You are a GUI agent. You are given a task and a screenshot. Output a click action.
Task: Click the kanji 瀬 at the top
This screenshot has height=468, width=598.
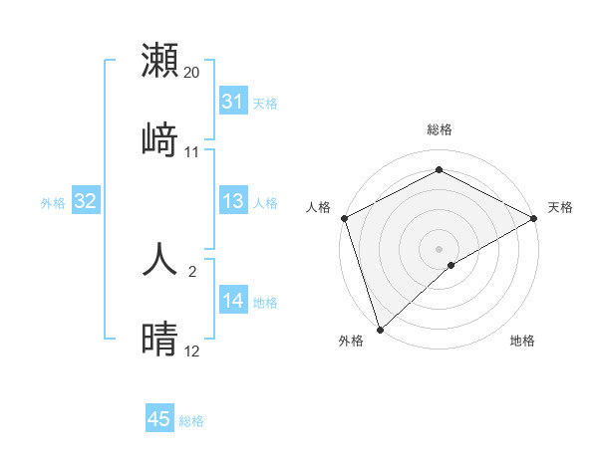click(160, 60)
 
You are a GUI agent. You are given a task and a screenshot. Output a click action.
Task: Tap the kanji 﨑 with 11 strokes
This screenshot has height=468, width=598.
click(160, 138)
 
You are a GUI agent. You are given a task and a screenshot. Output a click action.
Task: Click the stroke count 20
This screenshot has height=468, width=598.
click(192, 73)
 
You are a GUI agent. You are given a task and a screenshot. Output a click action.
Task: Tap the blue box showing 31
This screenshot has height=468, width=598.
click(233, 102)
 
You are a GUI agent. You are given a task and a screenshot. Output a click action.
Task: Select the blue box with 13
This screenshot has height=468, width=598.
click(233, 201)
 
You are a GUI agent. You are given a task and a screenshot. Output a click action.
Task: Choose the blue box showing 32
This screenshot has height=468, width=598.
click(86, 201)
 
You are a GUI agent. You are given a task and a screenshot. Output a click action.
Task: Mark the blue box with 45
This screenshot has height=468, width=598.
click(159, 419)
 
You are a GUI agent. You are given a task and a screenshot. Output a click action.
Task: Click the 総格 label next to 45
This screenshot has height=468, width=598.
click(191, 421)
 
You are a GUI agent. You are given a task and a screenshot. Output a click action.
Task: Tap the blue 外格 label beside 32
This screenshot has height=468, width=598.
click(53, 203)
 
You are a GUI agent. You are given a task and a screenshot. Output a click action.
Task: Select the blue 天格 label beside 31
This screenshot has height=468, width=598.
click(265, 104)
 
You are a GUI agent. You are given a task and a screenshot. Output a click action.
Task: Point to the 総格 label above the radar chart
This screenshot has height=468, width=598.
click(440, 129)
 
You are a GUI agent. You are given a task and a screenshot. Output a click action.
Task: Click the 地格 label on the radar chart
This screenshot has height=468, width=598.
click(522, 342)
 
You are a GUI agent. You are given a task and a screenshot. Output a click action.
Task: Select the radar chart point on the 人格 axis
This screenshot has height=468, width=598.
click(345, 218)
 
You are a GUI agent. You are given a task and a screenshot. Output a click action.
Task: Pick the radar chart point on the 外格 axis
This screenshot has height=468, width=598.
click(380, 329)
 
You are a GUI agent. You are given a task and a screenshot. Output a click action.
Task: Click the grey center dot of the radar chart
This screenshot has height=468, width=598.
click(440, 248)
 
